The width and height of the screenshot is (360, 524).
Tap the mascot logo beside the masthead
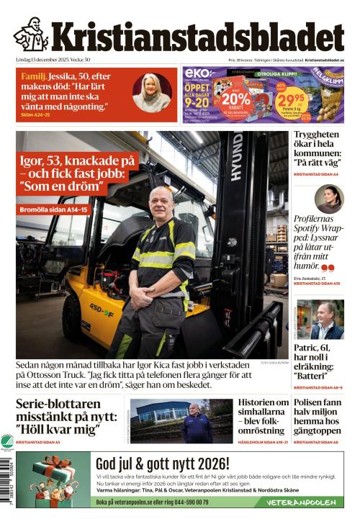[x=31, y=34]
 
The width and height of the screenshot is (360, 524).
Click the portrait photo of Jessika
[x=152, y=91]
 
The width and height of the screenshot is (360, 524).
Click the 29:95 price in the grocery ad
[x=292, y=101]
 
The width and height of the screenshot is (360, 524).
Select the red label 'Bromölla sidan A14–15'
[x=54, y=209]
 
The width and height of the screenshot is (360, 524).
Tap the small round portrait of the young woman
[x=330, y=199]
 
